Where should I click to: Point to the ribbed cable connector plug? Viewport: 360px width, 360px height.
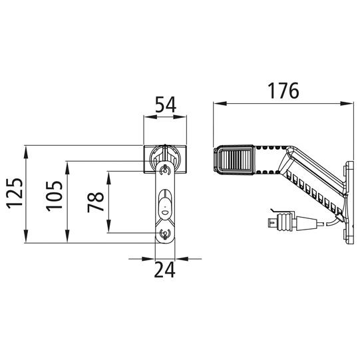click(284, 222)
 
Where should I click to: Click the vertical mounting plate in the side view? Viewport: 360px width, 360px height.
click(347, 200)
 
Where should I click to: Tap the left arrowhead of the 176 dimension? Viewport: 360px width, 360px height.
click(216, 104)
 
